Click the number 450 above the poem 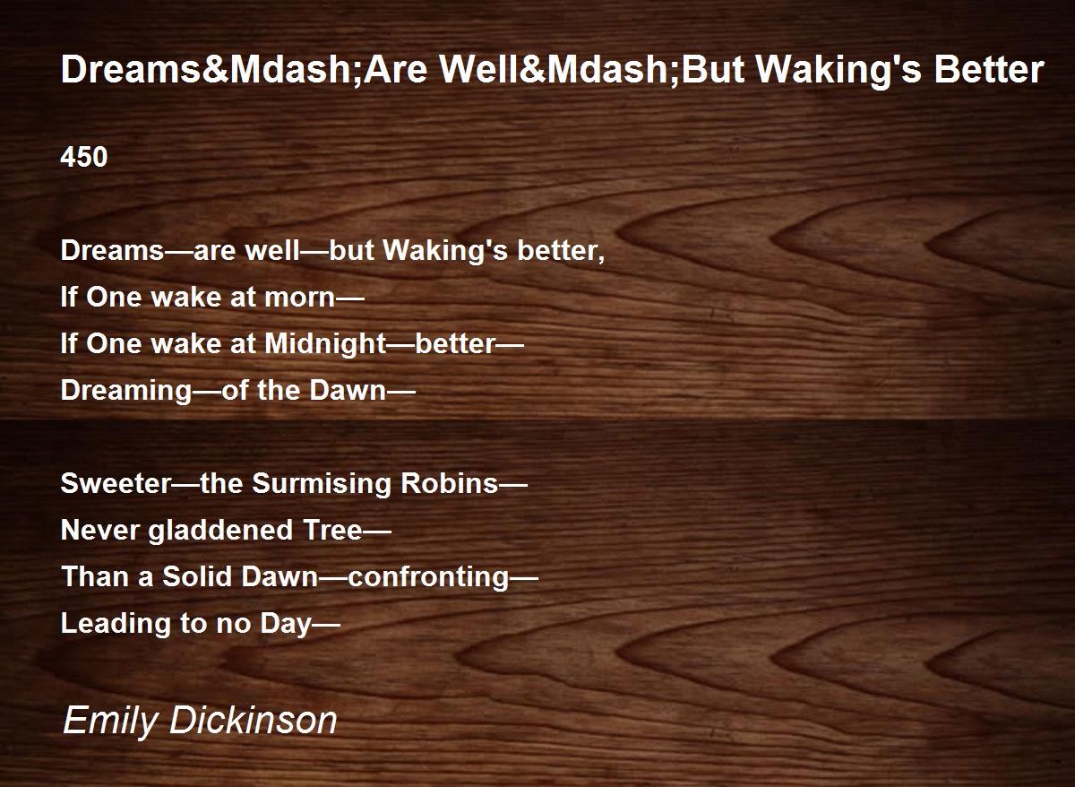[84, 158]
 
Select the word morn [300, 298]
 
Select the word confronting [428, 577]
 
